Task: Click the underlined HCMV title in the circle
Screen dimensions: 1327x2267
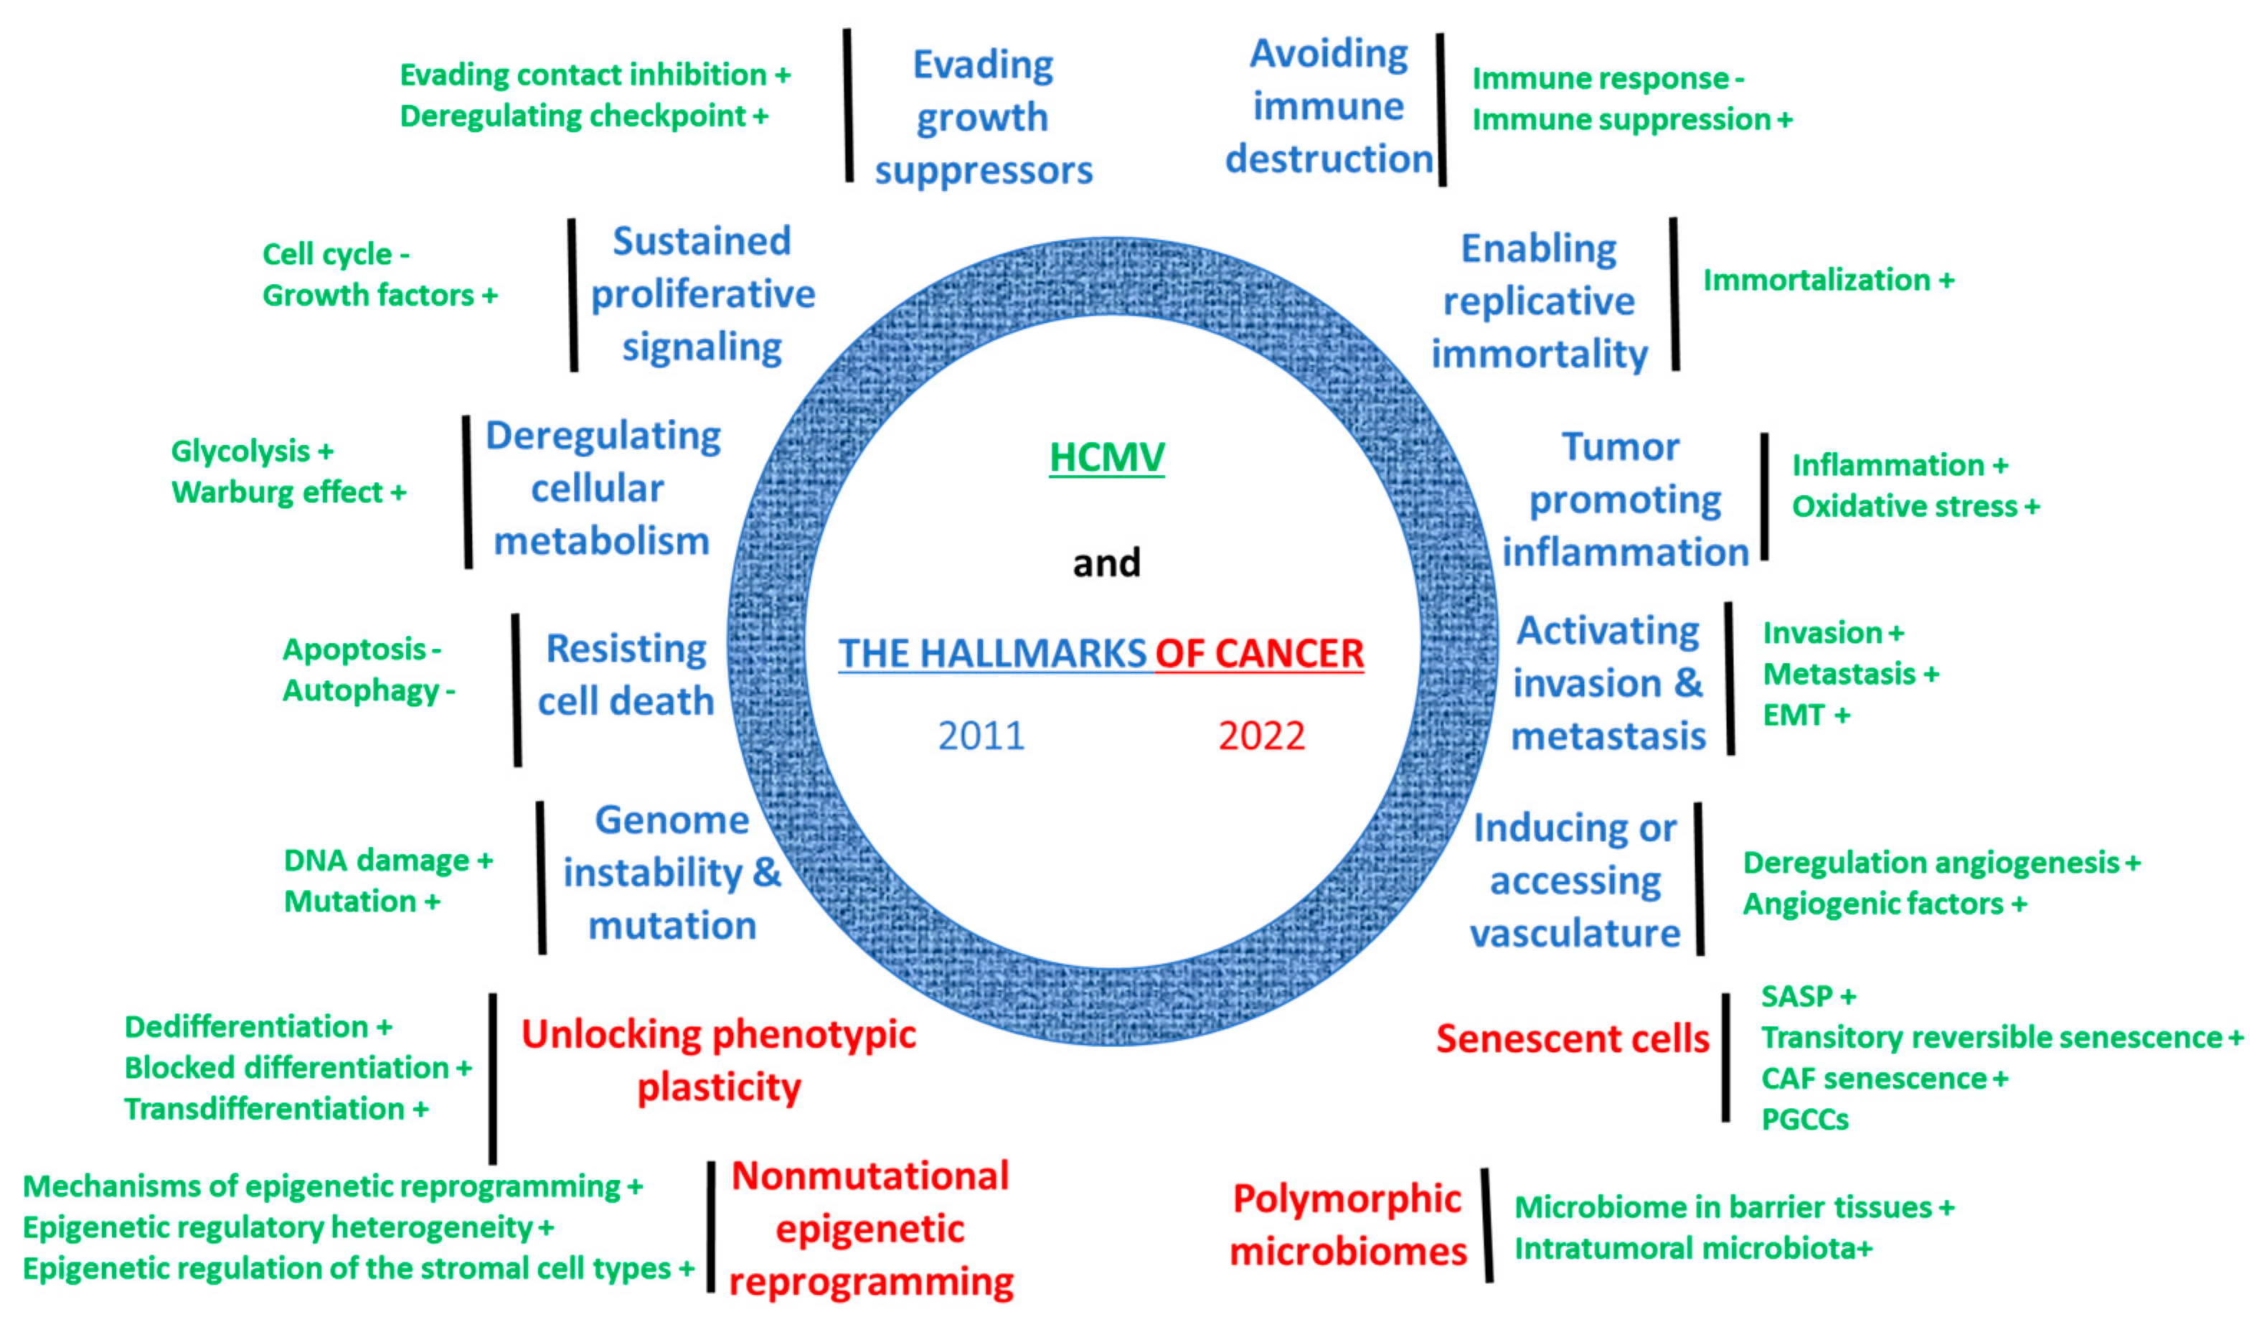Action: pyautogui.click(x=1106, y=457)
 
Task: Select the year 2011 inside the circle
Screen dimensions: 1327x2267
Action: pyautogui.click(x=981, y=736)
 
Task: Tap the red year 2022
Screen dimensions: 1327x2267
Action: pyautogui.click(x=1261, y=736)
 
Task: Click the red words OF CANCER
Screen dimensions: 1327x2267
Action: pyautogui.click(x=1260, y=654)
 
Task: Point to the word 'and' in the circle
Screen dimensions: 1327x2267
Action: pyautogui.click(x=1106, y=563)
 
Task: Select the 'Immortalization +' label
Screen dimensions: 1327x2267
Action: pyautogui.click(x=1828, y=280)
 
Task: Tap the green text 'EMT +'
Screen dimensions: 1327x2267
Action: pyautogui.click(x=1806, y=716)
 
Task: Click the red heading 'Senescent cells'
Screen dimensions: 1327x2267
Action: pyautogui.click(x=1572, y=1039)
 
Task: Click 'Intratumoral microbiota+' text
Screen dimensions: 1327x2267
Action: pyautogui.click(x=1693, y=1249)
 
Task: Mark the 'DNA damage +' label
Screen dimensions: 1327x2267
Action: pyautogui.click(x=387, y=861)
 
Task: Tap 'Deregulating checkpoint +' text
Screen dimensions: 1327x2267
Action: pyautogui.click(x=584, y=116)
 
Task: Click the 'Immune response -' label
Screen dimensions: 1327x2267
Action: pyautogui.click(x=1608, y=78)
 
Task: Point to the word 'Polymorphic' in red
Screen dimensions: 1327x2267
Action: pyautogui.click(x=1347, y=1199)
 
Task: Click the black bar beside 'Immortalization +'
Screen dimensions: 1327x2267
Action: pyautogui.click(x=1674, y=294)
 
